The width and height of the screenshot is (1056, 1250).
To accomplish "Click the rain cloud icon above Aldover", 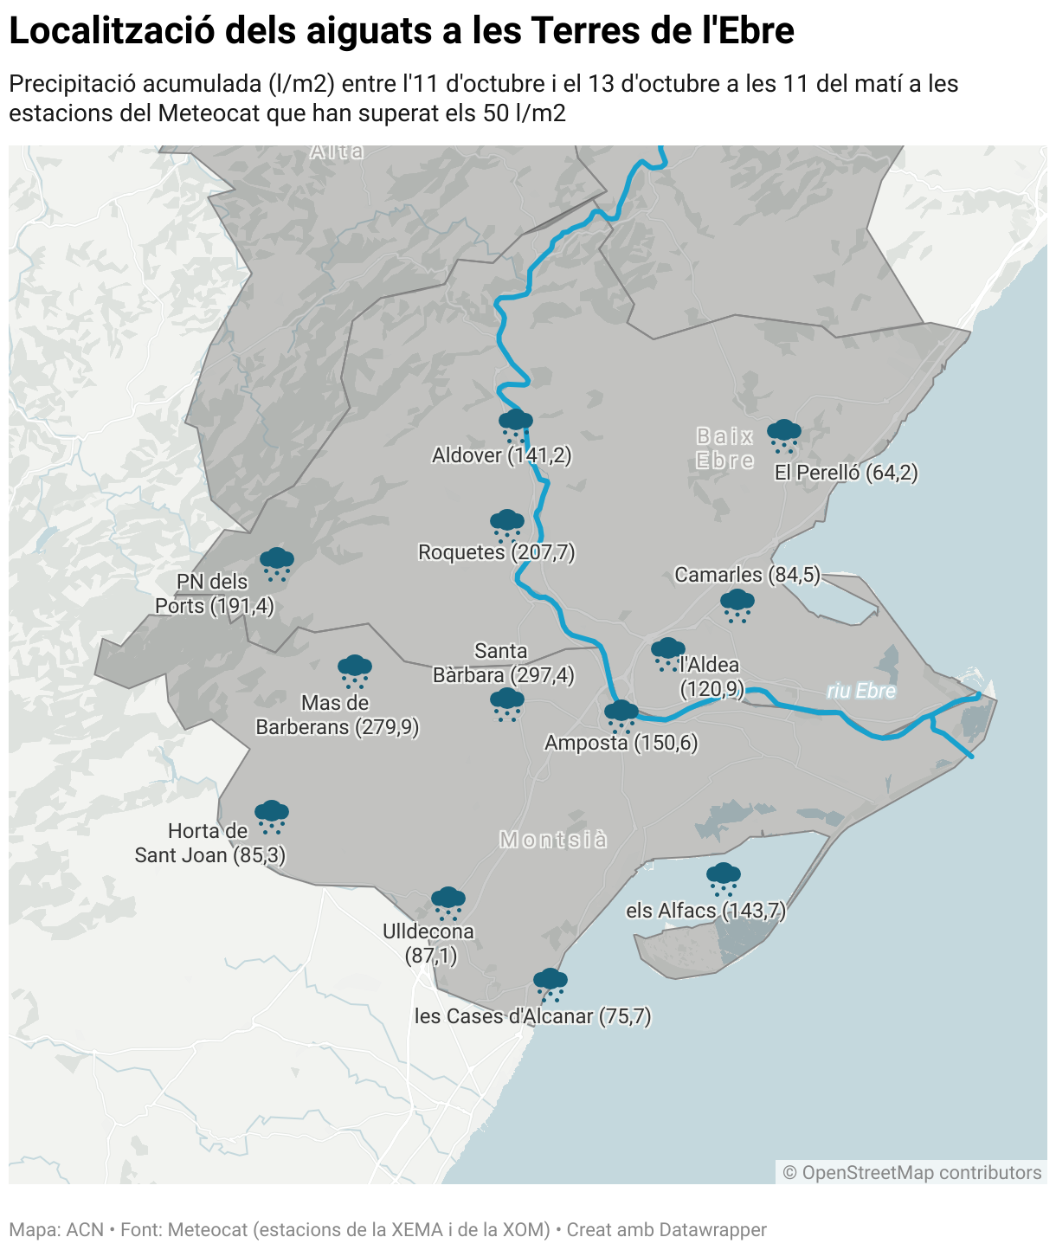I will pyautogui.click(x=516, y=425).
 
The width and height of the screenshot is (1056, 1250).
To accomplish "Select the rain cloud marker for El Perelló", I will pyautogui.click(x=784, y=435).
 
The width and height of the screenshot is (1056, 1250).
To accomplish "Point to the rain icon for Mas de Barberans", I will pyautogui.click(x=355, y=671).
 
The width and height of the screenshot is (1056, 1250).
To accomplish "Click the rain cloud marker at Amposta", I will pyautogui.click(x=621, y=716).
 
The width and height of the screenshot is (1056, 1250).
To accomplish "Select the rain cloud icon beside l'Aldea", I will pyautogui.click(x=667, y=654).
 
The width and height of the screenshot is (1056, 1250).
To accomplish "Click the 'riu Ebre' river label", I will pyautogui.click(x=860, y=691).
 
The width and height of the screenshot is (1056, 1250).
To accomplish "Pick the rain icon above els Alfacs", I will pyautogui.click(x=724, y=878).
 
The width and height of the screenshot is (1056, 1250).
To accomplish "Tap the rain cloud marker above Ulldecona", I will pyautogui.click(x=448, y=902).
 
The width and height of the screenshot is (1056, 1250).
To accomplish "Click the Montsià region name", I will pyautogui.click(x=553, y=840).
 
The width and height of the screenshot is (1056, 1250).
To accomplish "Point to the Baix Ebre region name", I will pyautogui.click(x=725, y=448).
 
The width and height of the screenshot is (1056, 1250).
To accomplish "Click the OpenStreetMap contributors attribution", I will pyautogui.click(x=911, y=1172).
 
